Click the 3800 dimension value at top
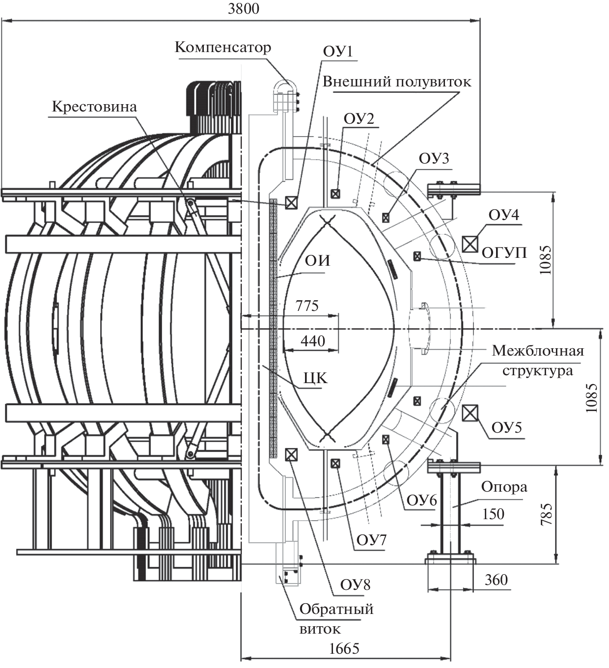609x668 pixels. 244,9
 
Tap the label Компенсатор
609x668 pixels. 223,47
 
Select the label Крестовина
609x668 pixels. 95,107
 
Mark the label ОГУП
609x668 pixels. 504,253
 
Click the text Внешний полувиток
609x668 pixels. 397,82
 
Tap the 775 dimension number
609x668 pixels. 307,306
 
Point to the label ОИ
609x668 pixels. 317,260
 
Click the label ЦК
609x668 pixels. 315,378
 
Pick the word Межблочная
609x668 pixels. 538,351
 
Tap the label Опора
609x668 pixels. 504,487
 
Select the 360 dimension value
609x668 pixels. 496,580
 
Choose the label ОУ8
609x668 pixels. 356,584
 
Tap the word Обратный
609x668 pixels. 336,609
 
